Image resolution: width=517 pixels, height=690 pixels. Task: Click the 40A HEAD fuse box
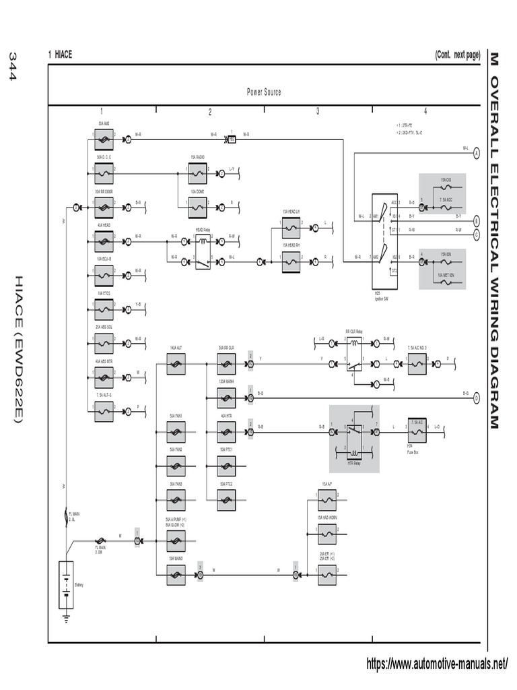104,237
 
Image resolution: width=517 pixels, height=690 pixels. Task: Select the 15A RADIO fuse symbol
197,174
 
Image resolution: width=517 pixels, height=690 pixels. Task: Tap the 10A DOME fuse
197,203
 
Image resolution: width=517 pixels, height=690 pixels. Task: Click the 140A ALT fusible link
176,365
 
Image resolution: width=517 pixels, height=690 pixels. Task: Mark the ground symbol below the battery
66,615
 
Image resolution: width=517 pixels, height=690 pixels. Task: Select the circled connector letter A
476,153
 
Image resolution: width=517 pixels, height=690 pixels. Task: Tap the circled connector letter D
476,397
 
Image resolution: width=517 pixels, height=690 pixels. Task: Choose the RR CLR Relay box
353,354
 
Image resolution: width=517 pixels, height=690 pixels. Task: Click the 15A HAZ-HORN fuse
326,534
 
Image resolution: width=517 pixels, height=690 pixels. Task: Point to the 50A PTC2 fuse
226,499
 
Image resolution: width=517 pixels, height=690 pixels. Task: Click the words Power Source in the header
264,92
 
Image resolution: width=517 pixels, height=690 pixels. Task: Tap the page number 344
11,67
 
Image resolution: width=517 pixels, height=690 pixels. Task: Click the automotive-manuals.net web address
437,664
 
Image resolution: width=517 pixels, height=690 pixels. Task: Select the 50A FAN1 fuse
176,432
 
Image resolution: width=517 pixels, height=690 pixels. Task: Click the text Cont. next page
457,55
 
